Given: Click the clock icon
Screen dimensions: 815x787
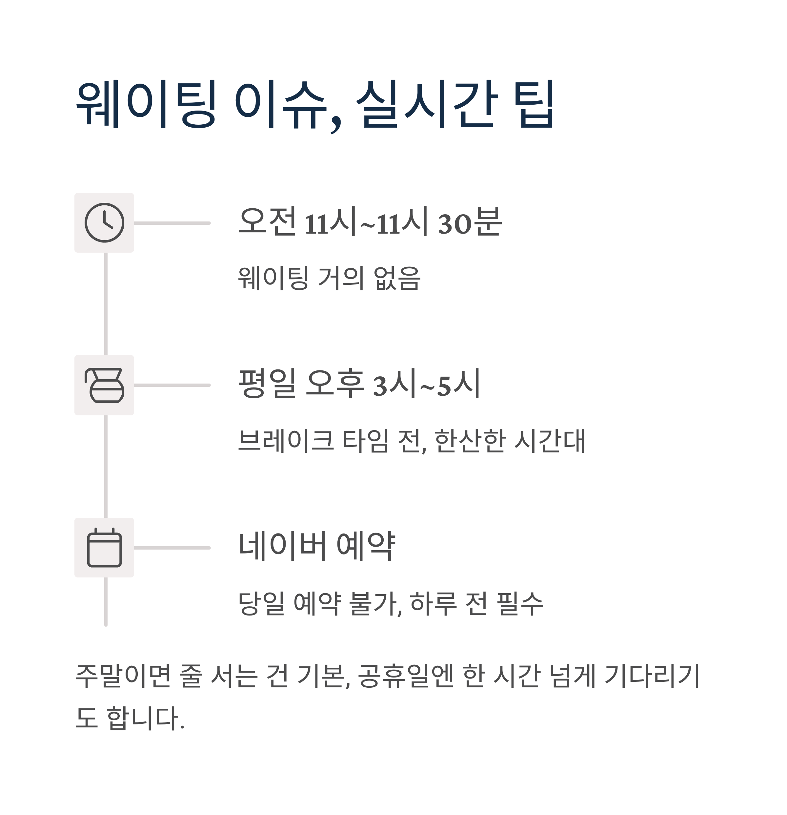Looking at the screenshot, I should point(104,223).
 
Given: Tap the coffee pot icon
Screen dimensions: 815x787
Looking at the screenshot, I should point(104,385).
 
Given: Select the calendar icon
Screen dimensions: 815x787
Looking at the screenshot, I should point(104,548).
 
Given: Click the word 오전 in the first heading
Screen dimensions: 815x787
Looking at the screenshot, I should point(267,221).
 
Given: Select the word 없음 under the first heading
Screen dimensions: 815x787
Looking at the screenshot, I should point(397,278).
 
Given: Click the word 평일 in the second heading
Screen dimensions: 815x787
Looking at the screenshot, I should point(267,383).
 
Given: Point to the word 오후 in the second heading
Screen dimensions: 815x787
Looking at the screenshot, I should point(334,383).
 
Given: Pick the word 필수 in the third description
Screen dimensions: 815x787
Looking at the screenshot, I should point(520,603).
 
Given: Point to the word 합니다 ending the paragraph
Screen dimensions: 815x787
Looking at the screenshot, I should point(143,718).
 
